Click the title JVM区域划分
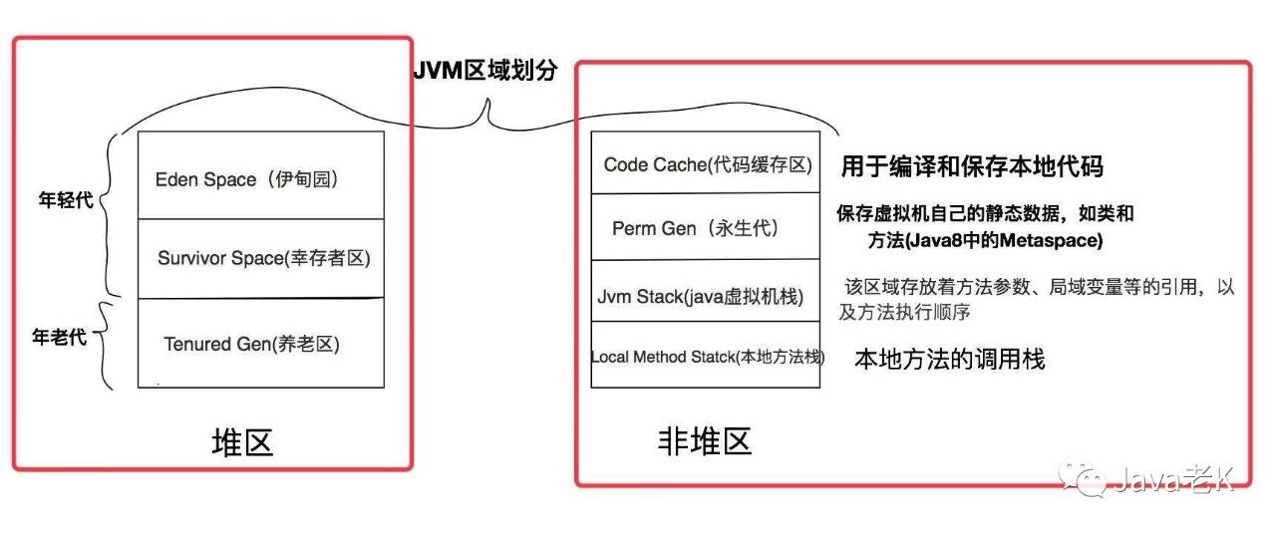click(485, 72)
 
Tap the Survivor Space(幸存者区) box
click(260, 258)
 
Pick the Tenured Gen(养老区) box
click(260, 344)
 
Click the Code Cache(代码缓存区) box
click(705, 164)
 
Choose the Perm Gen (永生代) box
click(705, 228)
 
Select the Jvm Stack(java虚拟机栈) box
click(705, 296)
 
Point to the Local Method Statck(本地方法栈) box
click(705, 356)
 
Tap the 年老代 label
click(60, 338)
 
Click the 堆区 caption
click(242, 441)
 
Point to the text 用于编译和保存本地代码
click(972, 166)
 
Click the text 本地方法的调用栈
click(949, 359)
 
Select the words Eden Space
click(206, 180)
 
